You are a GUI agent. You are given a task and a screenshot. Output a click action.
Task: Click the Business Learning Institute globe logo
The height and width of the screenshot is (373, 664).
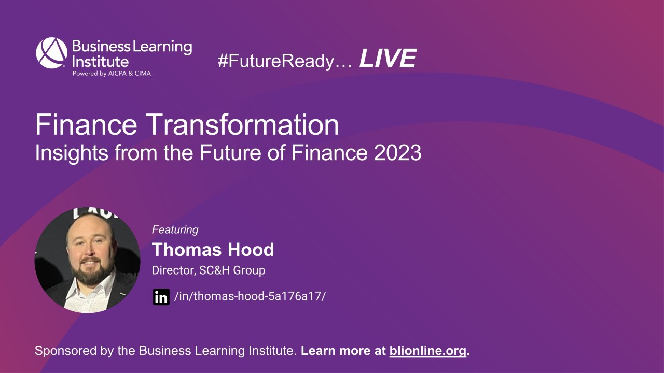51,53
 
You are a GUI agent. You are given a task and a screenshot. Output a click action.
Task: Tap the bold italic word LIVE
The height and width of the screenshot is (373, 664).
388,59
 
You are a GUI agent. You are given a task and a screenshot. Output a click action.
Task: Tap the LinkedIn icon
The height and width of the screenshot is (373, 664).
161,297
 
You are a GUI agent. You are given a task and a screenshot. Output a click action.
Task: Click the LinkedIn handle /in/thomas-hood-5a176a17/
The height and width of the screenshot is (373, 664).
250,296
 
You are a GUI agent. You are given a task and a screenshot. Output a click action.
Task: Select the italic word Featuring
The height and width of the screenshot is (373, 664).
175,229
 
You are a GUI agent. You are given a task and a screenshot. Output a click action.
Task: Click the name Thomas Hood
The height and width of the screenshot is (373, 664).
213,250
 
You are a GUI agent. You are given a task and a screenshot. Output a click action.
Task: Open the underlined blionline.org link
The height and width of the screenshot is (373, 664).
427,351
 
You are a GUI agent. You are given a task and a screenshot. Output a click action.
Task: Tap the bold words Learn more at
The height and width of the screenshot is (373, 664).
343,351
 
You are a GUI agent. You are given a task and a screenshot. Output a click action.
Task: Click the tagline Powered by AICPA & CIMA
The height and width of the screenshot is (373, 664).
112,73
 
